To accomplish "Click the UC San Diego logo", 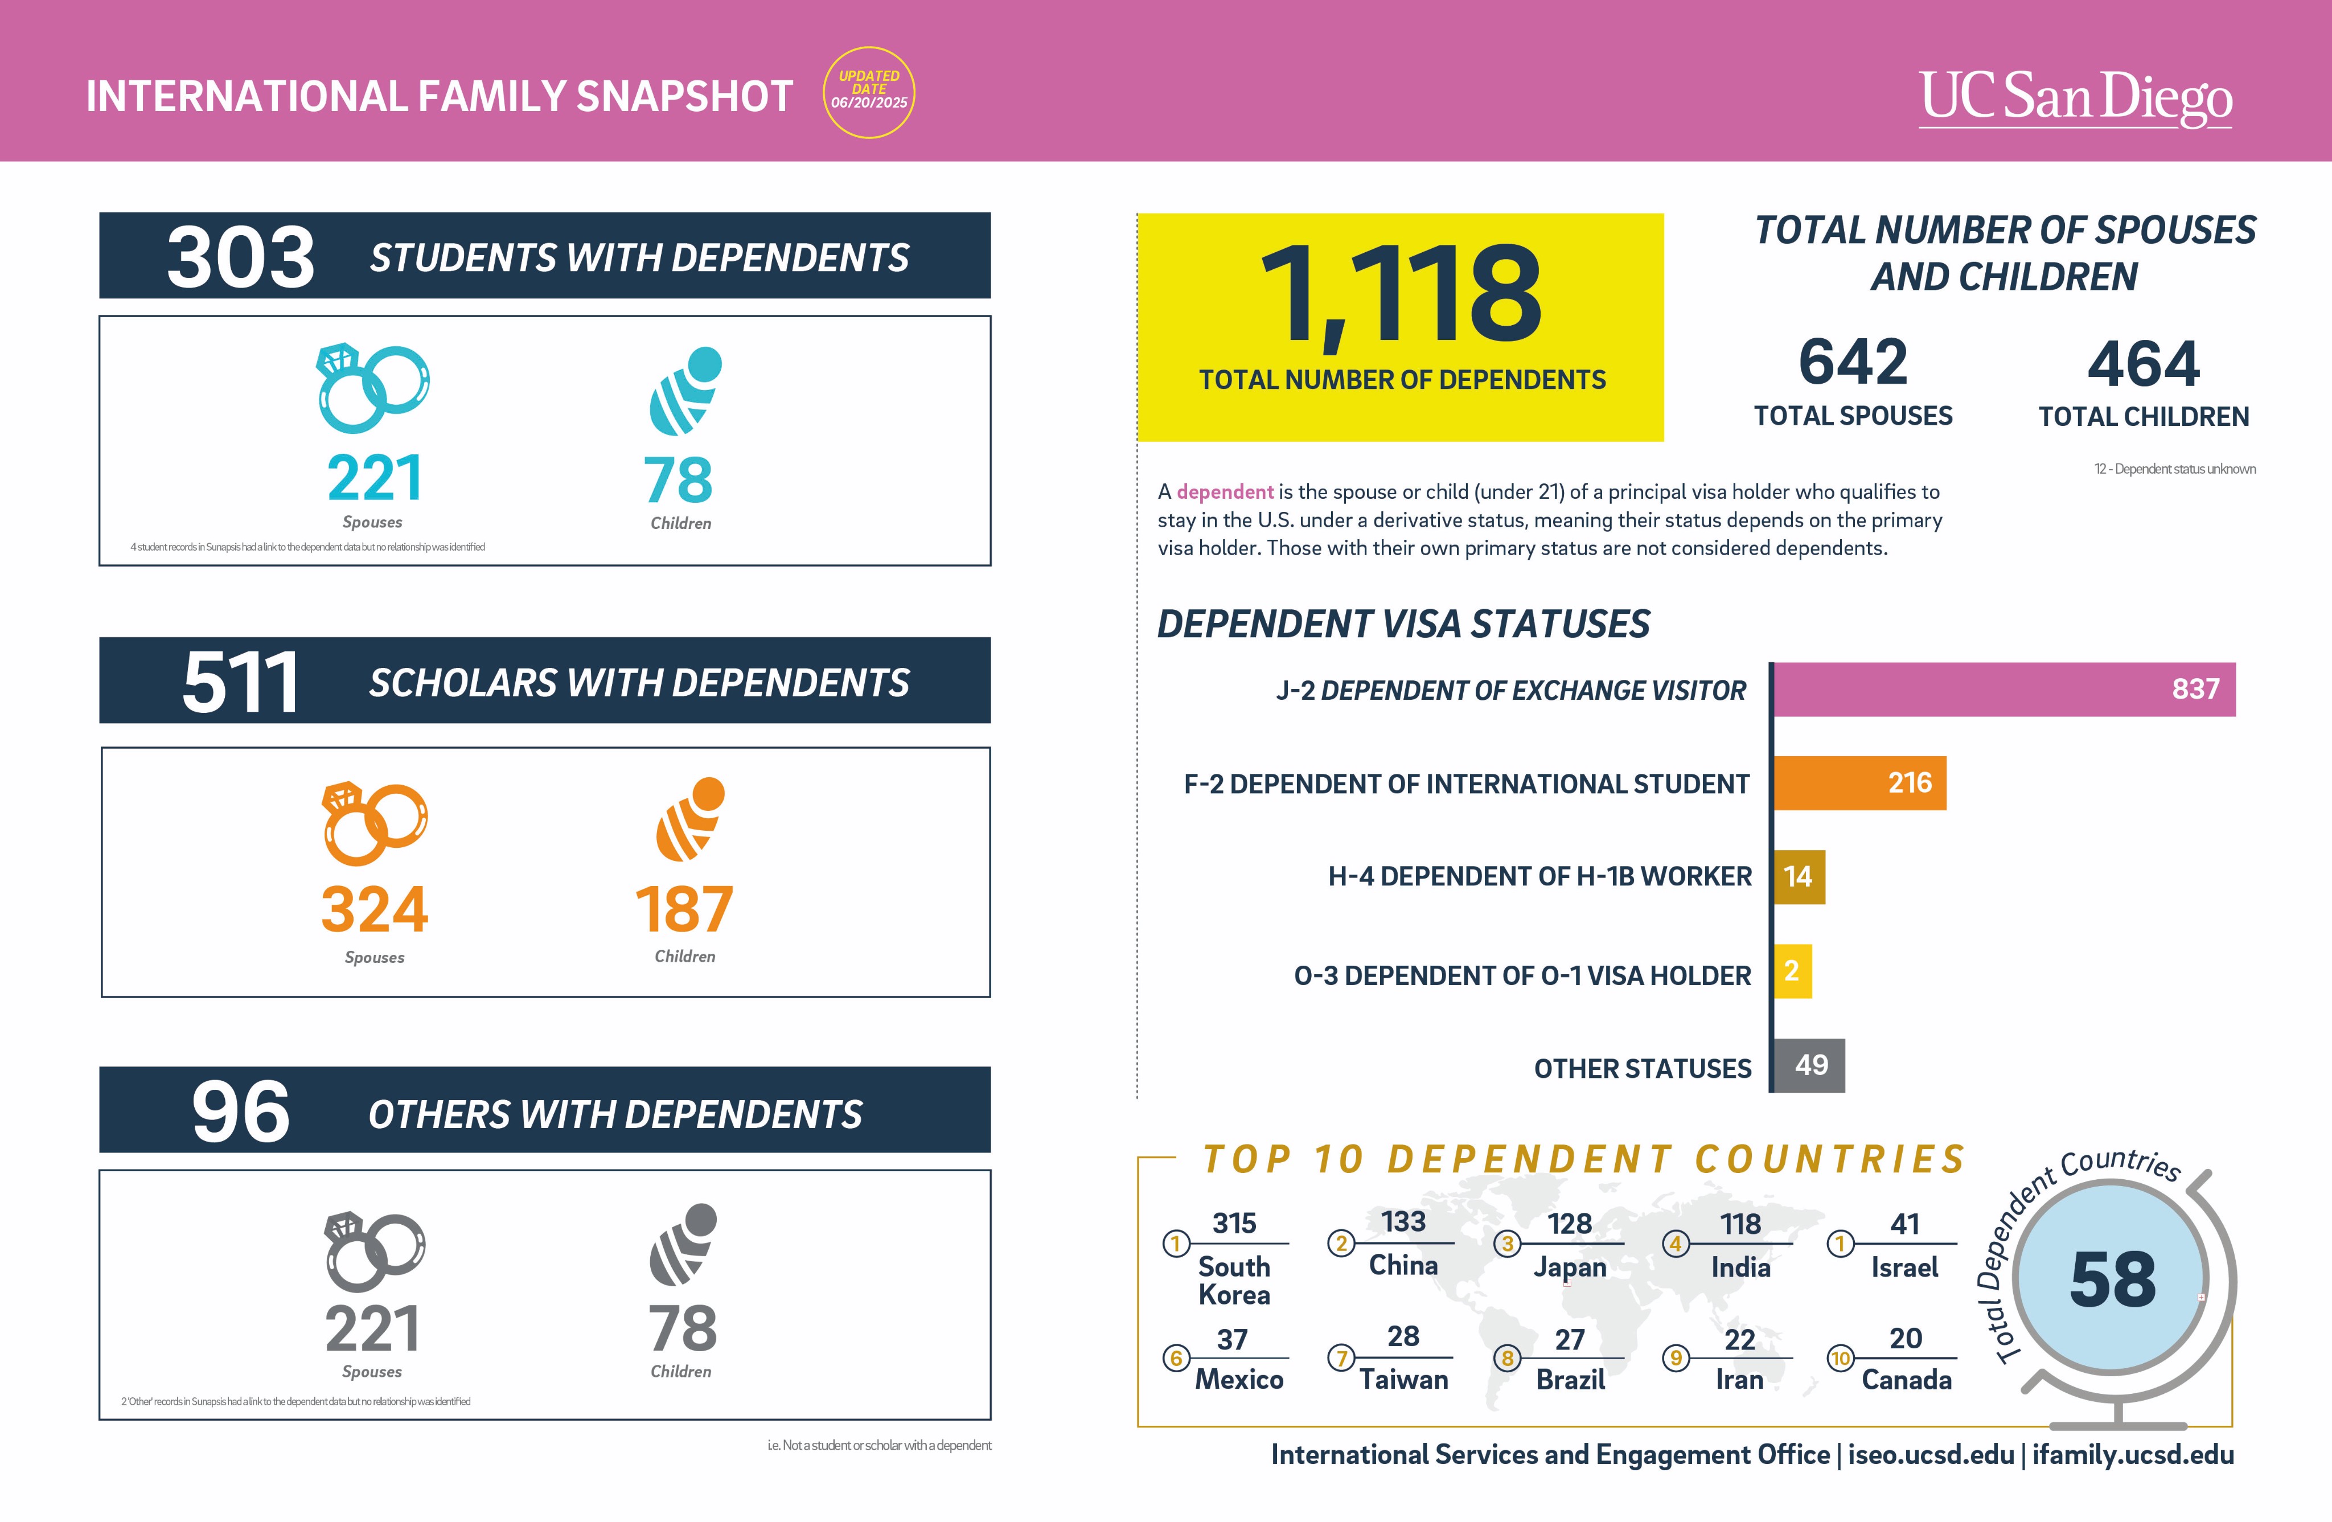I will click(2075, 98).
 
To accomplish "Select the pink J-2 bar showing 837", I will click(2003, 689).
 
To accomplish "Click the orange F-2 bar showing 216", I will click(1859, 782).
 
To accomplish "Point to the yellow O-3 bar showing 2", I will click(1792, 970).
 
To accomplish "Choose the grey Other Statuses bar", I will click(1810, 1065).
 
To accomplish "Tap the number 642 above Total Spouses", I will click(1853, 362).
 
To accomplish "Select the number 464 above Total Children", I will click(2144, 364).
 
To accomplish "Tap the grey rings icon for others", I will click(374, 1252).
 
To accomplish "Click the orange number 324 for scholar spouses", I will click(374, 909).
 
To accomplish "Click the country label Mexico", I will click(1238, 1379).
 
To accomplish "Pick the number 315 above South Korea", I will click(1234, 1223).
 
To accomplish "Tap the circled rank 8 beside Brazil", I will click(1507, 1359).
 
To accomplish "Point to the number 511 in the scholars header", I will click(240, 682).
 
